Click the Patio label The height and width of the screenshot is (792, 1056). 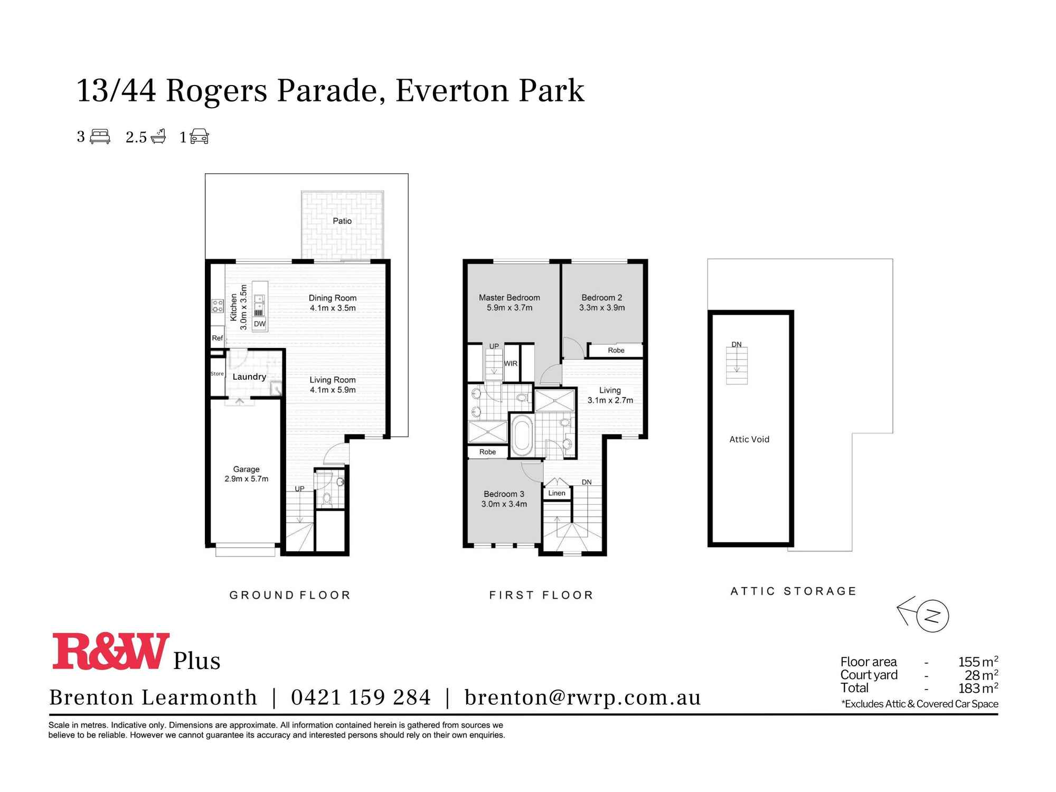tap(342, 221)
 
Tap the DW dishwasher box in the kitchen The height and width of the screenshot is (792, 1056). tap(259, 324)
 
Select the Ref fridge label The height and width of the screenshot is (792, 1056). tap(217, 338)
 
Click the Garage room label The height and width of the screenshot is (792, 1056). tap(246, 469)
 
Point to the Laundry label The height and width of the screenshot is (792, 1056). tap(249, 376)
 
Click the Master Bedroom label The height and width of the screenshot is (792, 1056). tap(509, 297)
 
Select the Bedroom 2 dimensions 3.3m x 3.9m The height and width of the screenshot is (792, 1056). tap(602, 307)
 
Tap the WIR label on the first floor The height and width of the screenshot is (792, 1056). tap(511, 363)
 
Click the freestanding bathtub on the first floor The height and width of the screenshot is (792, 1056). tap(522, 435)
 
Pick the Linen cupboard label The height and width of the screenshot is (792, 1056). tap(557, 493)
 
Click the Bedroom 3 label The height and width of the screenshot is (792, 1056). tap(504, 494)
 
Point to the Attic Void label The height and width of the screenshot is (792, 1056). tap(749, 439)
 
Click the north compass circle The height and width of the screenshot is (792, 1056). tap(933, 616)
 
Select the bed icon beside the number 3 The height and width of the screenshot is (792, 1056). tap(100, 137)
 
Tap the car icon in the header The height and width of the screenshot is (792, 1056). tap(199, 137)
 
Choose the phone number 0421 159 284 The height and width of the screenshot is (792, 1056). tap(361, 697)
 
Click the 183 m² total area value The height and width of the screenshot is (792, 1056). tap(977, 688)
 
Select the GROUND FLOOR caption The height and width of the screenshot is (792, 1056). tap(290, 595)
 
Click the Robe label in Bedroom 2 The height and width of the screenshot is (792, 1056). tap(616, 350)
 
